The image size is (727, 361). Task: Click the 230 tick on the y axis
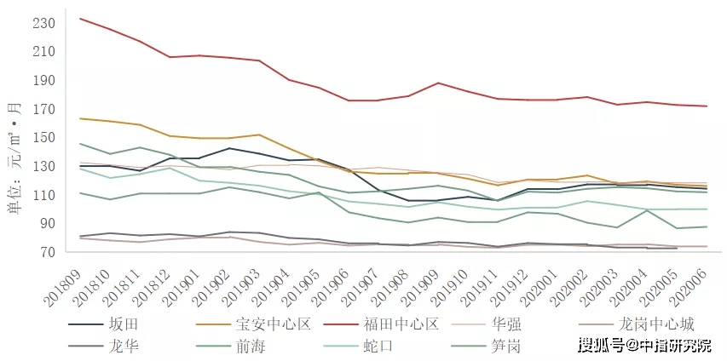43,23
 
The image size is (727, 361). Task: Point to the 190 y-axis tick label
43,81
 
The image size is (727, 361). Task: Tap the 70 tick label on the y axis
46,253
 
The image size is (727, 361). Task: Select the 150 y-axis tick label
43,138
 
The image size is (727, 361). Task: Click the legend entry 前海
248,346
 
